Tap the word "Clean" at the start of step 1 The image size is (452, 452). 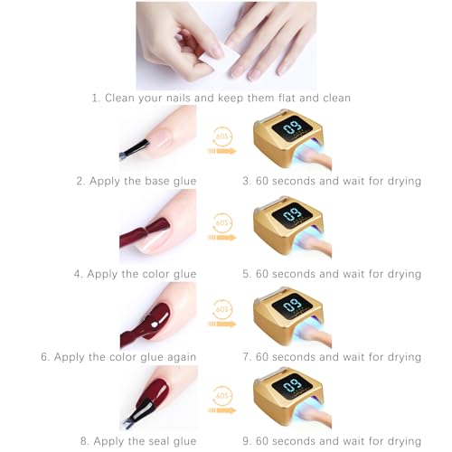click(x=120, y=98)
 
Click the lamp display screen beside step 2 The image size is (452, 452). click(x=292, y=130)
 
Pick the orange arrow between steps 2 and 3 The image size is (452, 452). click(x=221, y=151)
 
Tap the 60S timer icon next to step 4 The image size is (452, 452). click(x=222, y=222)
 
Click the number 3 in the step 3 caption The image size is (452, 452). click(x=246, y=181)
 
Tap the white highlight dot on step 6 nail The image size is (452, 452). click(x=155, y=325)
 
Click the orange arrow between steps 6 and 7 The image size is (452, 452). click(x=221, y=325)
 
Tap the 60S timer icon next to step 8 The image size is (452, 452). click(x=222, y=395)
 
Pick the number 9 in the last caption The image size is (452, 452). click(x=246, y=441)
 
